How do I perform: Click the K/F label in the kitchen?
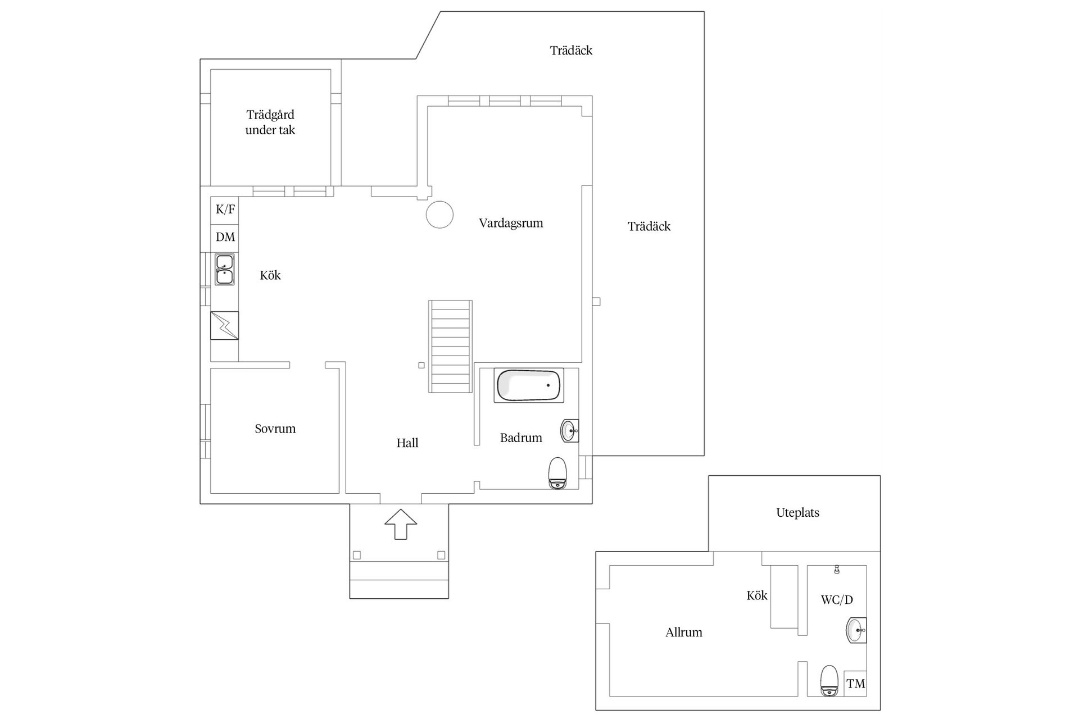pos(225,210)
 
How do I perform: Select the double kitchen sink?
pos(224,270)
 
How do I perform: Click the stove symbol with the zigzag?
pos(224,325)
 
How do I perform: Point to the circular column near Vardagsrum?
pos(439,215)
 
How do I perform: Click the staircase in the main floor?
pos(451,346)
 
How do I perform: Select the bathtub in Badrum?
pos(528,385)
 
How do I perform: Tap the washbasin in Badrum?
pos(569,431)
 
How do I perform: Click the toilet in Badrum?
pos(557,473)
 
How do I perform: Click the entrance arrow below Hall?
pos(401,524)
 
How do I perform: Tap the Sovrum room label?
pos(275,429)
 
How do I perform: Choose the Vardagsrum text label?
pos(511,223)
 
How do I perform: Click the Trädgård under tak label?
pos(270,122)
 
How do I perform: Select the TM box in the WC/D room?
pos(855,684)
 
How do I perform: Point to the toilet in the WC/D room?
pos(829,681)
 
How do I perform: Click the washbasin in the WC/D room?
pos(856,630)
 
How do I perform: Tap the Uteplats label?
pos(797,513)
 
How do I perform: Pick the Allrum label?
pos(684,632)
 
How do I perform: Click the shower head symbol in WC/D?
pos(837,570)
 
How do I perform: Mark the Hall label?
pos(407,443)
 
